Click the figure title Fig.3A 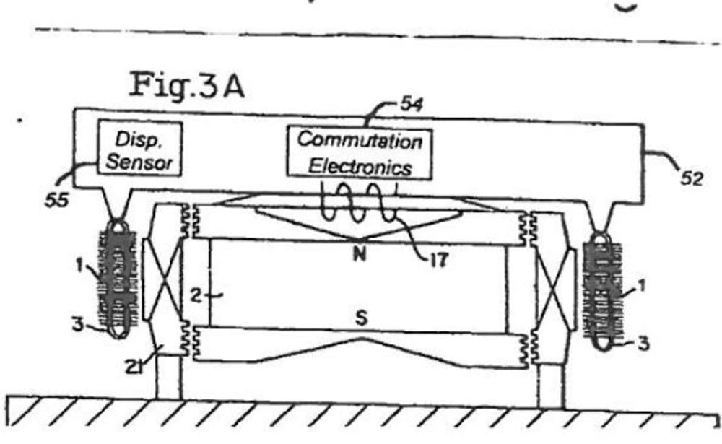click(x=186, y=85)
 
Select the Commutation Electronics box click(x=360, y=153)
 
